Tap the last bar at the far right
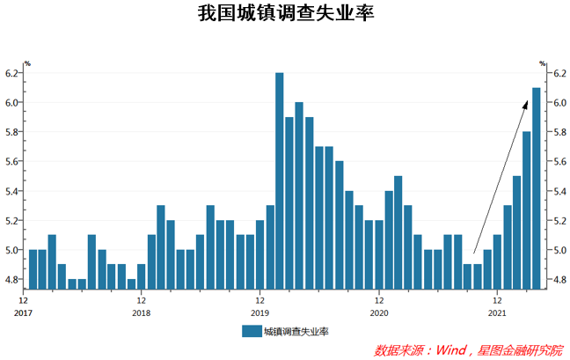537,187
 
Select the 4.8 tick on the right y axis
558,280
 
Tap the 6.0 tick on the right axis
558,103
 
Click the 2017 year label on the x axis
23,312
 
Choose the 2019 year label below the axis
259,312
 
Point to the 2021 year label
497,312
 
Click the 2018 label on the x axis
141,312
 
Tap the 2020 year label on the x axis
378,312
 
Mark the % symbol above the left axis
27,63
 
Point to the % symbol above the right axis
543,63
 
